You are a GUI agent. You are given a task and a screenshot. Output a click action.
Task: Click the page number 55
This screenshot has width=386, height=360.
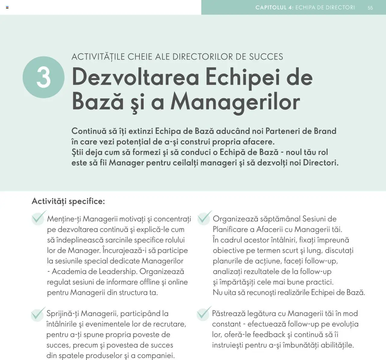[370, 8]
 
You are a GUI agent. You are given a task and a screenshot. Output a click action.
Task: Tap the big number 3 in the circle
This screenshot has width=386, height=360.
[43, 77]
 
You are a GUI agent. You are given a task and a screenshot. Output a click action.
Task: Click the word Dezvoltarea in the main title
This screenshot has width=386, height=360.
[135, 77]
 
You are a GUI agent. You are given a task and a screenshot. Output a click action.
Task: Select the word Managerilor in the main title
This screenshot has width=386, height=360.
[235, 101]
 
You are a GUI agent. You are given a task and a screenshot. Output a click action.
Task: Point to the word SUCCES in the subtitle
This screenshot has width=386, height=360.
[266, 57]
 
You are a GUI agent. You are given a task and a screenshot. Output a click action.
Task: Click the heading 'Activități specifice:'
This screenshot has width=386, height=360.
[68, 201]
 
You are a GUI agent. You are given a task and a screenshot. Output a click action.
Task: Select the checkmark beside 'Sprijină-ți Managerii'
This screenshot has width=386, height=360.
[38, 314]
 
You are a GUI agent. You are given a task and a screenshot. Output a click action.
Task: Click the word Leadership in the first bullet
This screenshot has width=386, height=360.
[118, 272]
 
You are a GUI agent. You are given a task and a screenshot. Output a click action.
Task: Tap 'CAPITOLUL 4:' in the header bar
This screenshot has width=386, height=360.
[274, 8]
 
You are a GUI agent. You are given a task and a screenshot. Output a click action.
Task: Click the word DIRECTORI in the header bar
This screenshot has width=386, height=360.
[340, 8]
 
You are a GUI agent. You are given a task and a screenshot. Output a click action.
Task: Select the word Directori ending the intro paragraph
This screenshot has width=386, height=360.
[320, 163]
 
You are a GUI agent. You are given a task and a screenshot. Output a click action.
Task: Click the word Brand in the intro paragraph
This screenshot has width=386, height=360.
[325, 131]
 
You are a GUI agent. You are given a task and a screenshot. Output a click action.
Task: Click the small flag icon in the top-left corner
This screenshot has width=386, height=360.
[7, 7]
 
